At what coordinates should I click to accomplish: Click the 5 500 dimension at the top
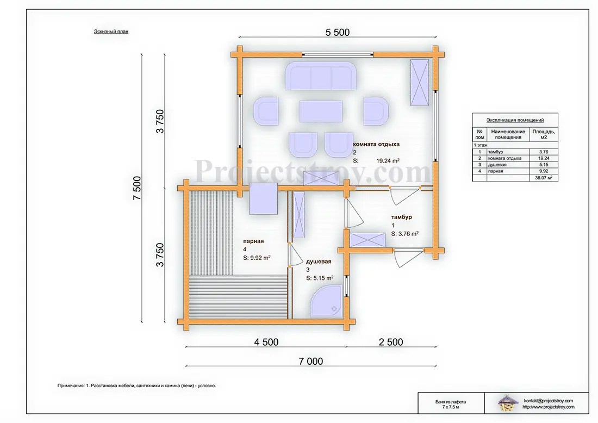[338, 33]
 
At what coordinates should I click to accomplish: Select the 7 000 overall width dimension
[311, 361]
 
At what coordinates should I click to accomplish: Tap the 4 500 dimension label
[266, 342]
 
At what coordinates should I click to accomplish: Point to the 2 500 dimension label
[391, 342]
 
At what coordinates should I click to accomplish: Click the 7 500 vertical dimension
[137, 188]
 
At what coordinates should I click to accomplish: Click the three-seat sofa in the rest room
[321, 76]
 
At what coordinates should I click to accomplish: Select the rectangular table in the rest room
[321, 111]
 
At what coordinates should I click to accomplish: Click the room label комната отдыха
[376, 144]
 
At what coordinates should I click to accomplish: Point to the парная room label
[254, 241]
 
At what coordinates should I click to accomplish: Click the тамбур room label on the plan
[402, 217]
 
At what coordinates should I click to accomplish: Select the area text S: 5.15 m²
[320, 278]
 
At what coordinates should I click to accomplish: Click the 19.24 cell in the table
[544, 158]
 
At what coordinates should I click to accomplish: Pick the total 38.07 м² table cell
[544, 178]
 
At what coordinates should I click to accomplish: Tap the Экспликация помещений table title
[515, 120]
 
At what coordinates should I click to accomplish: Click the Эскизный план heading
[111, 32]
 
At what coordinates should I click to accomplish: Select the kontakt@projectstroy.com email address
[549, 401]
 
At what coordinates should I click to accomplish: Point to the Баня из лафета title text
[451, 402]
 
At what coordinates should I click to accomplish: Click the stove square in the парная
[264, 198]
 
